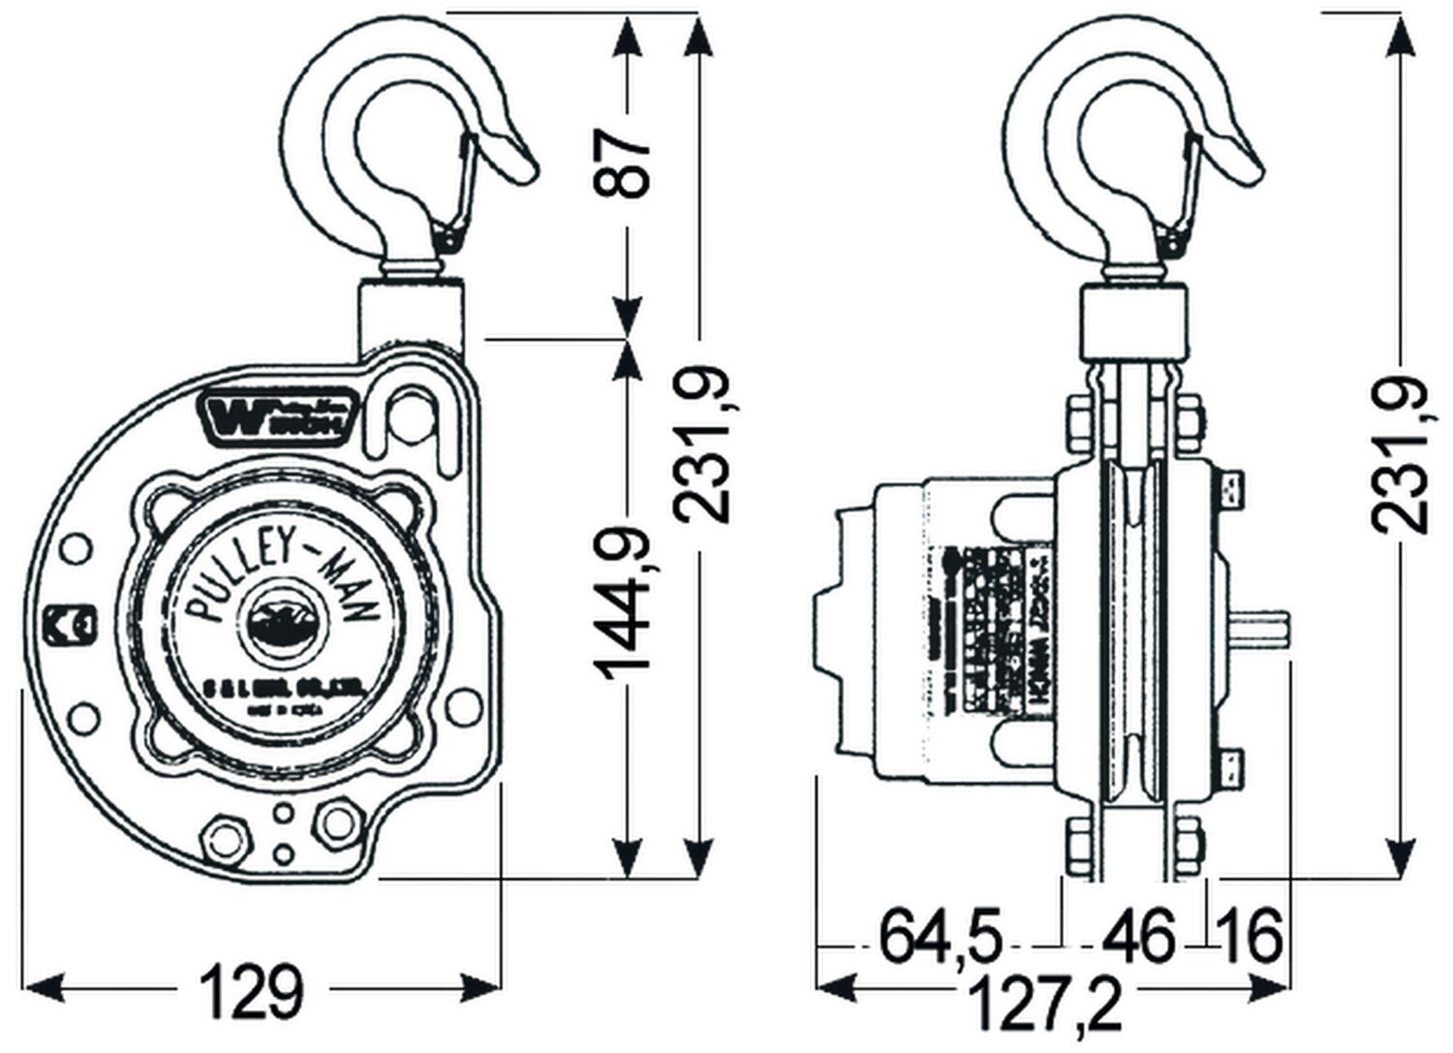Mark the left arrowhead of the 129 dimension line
[x=34, y=990]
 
